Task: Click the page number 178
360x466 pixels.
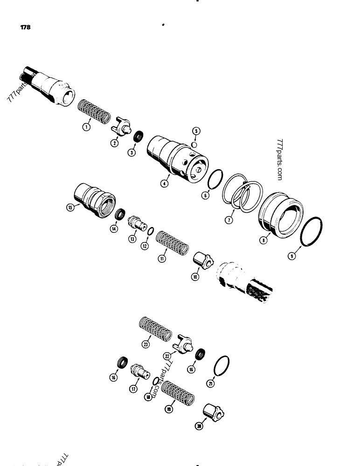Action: [25, 27]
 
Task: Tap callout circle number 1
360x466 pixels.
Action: [86, 126]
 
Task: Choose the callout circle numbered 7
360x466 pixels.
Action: [229, 219]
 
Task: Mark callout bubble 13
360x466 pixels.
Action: [132, 239]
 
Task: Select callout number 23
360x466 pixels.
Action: [146, 344]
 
